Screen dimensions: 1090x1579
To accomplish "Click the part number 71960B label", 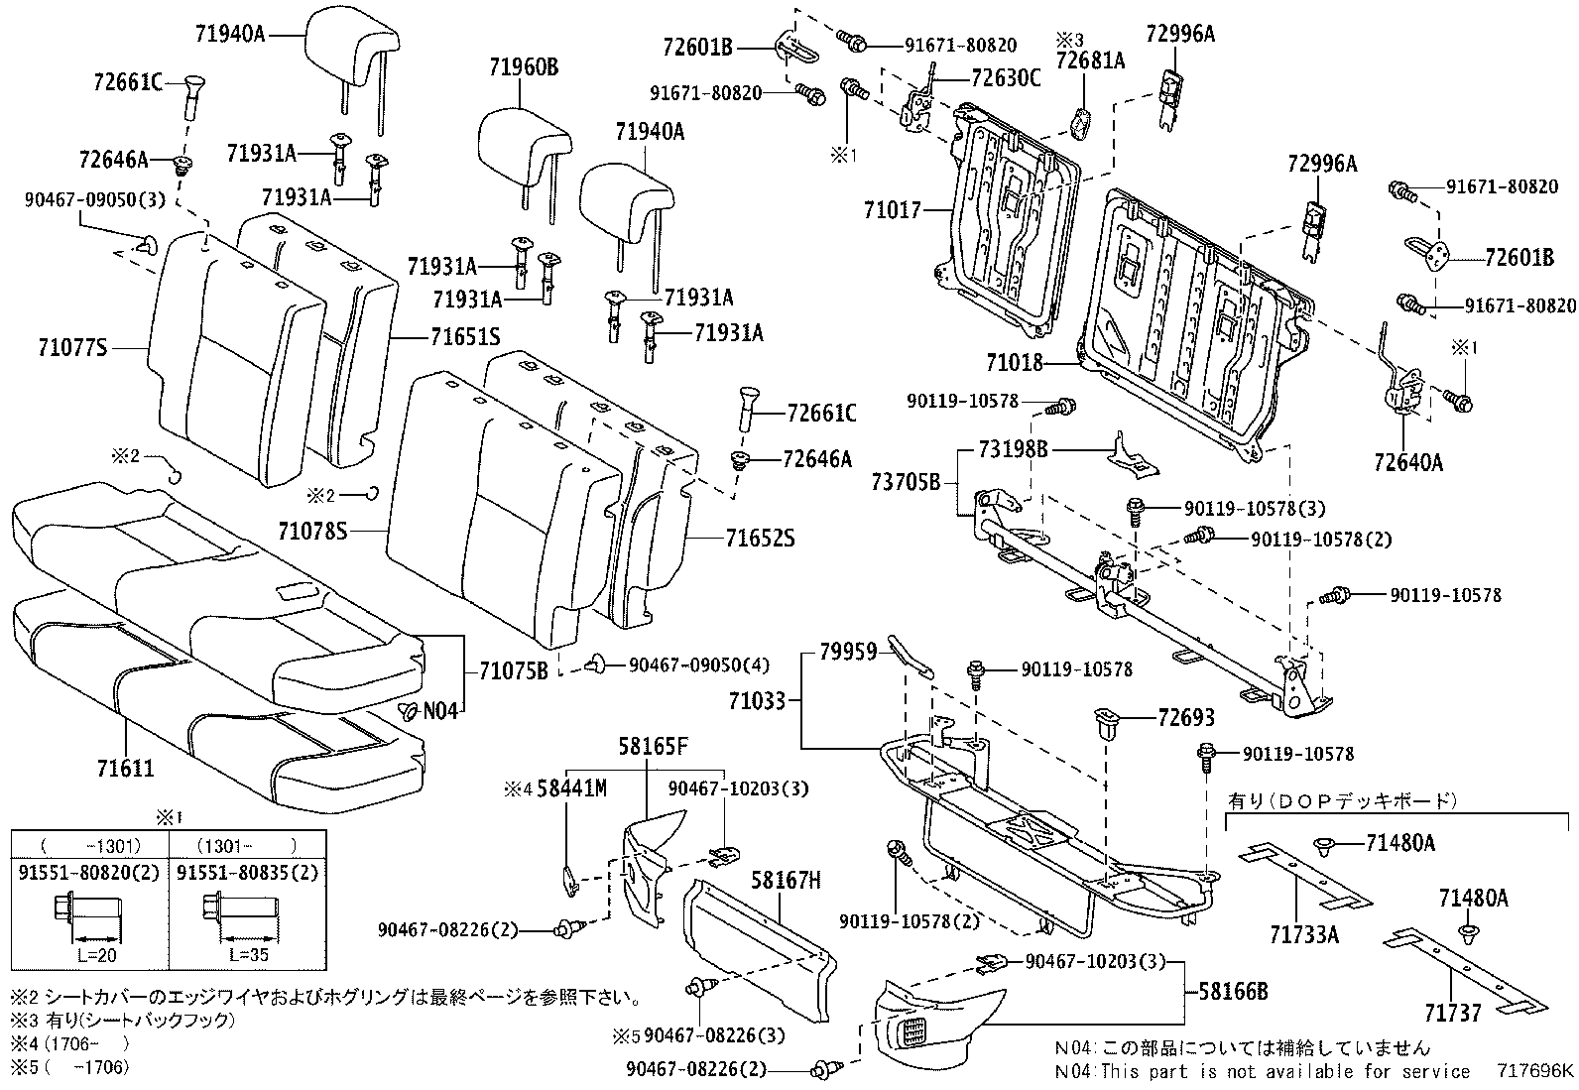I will [x=523, y=67].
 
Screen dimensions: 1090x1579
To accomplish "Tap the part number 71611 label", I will [x=125, y=768].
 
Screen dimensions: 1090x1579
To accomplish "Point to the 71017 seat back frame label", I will [x=892, y=210].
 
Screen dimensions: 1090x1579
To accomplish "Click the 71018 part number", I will [x=1015, y=363].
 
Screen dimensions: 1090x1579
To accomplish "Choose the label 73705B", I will [x=906, y=482].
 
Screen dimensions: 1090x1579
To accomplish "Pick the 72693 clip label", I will [x=1186, y=717].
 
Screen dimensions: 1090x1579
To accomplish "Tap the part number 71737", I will [x=1453, y=1013].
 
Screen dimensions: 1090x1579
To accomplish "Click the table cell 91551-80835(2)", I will [x=251, y=873].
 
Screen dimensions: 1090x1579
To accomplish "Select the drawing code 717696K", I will [x=1534, y=1071].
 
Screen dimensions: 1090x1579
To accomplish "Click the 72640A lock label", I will [x=1408, y=461].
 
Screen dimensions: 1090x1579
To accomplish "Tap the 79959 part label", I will [x=848, y=652].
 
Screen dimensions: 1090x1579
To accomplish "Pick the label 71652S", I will [x=760, y=539].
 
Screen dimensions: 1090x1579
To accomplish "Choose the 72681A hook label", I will [x=1090, y=61].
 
